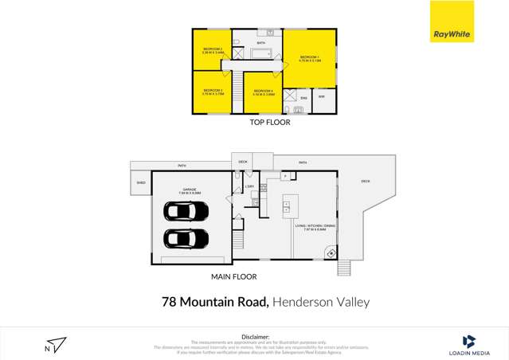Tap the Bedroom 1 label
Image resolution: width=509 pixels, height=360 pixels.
[x=309, y=57]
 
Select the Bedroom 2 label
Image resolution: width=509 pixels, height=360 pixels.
[x=213, y=49]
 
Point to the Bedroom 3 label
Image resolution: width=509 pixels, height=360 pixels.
[x=213, y=91]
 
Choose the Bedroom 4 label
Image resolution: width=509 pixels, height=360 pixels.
[x=263, y=92]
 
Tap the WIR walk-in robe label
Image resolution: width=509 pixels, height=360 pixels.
[x=321, y=97]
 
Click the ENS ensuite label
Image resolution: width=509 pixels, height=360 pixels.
[x=303, y=98]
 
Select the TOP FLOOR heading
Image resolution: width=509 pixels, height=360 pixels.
[x=269, y=123]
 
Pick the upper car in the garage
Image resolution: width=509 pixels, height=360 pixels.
[x=186, y=211]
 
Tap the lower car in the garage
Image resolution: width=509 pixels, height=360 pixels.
[x=186, y=238]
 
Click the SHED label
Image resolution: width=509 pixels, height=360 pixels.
[x=140, y=182]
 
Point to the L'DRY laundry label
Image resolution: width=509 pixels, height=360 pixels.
[x=249, y=187]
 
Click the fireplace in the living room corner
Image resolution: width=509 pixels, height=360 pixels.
[x=330, y=253]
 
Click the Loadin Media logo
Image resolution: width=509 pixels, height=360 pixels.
[x=469, y=344]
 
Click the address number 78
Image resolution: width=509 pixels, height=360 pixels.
[x=169, y=302]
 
